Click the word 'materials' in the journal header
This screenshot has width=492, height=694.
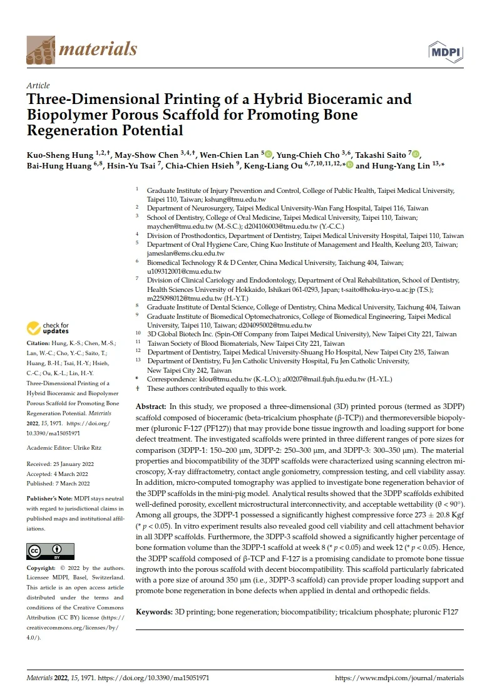(96, 48)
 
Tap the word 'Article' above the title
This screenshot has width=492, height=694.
(38, 85)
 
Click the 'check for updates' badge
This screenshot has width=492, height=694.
(48, 328)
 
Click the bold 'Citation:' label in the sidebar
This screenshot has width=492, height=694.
(39, 343)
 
